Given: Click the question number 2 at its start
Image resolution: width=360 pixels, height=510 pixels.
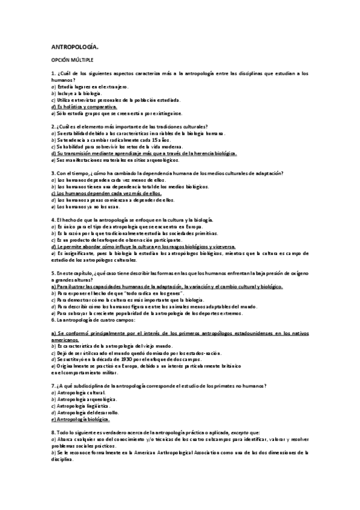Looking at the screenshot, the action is point(53,126).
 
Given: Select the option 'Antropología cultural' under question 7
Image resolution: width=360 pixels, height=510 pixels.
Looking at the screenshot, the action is point(80,392).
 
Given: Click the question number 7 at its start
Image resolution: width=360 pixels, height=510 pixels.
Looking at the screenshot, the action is point(53,385).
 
